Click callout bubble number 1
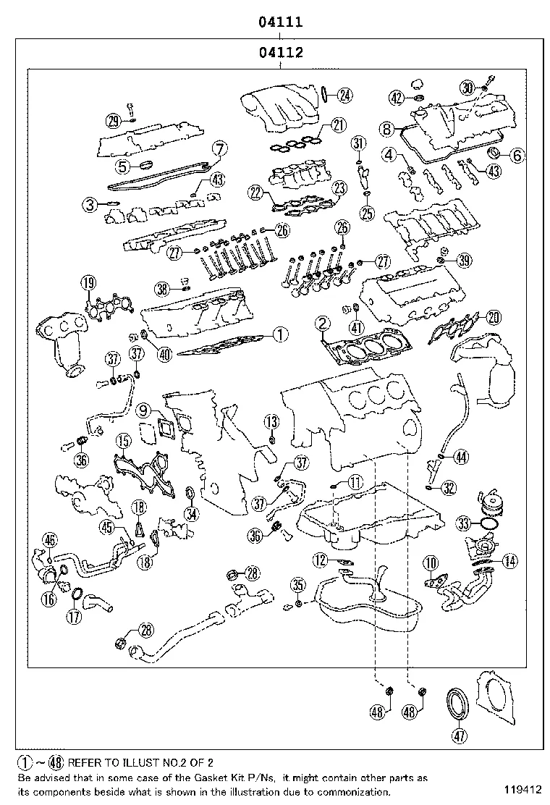click(x=279, y=334)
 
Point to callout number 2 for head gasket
click(x=323, y=323)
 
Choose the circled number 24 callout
click(x=345, y=93)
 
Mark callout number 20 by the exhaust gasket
click(x=494, y=316)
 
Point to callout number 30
click(x=467, y=88)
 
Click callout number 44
click(x=461, y=457)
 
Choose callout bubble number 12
click(x=319, y=559)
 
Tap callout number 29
click(x=113, y=121)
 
